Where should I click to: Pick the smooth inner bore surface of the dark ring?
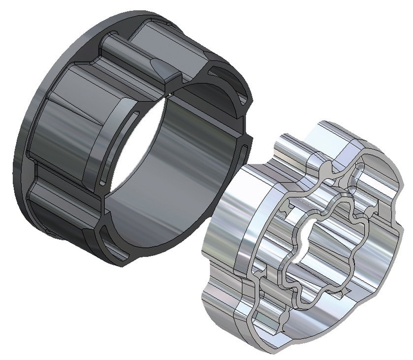(x=182, y=162)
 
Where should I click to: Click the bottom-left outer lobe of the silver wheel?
(x=222, y=300)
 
